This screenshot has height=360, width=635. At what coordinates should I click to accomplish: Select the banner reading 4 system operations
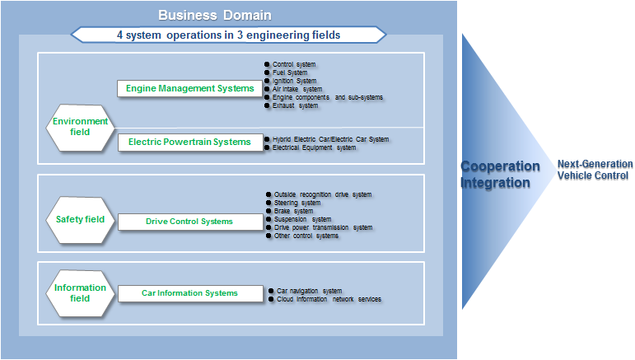(x=228, y=35)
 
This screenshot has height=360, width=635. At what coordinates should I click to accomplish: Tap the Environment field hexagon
(x=80, y=127)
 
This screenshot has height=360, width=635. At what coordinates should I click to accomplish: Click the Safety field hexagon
(x=80, y=220)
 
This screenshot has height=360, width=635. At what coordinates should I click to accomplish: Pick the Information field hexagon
(x=80, y=292)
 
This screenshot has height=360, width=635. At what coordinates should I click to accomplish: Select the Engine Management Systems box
(x=189, y=89)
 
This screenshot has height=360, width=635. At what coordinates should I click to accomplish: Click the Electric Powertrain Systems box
(x=189, y=142)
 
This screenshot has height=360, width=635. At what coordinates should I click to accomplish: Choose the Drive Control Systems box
(x=189, y=222)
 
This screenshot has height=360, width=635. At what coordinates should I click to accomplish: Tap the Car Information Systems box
(x=189, y=293)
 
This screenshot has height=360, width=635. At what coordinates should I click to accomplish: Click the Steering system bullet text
(x=297, y=203)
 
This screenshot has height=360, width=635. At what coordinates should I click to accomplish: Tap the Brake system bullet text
(x=293, y=211)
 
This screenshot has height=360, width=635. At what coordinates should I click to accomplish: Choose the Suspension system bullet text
(x=302, y=219)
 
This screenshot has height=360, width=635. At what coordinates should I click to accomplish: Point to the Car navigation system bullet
(x=309, y=291)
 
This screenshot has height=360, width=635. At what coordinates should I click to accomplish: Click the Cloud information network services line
(x=329, y=299)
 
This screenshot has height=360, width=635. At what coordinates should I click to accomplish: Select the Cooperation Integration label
(x=499, y=175)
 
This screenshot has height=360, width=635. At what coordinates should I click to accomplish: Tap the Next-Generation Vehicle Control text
(x=593, y=170)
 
